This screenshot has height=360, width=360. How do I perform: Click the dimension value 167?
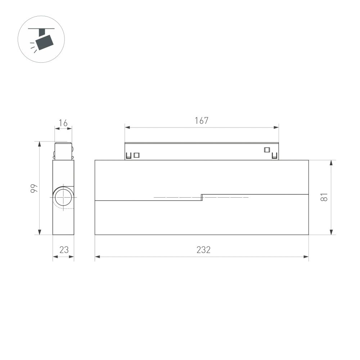point(202,121)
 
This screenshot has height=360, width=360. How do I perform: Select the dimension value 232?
point(203,250)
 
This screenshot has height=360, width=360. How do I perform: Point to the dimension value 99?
point(33,188)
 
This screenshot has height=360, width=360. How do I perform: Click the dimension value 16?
point(63,123)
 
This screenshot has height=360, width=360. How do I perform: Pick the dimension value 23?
point(64,250)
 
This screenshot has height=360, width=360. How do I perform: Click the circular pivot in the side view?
point(63,198)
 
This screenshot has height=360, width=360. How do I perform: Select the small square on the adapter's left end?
point(136,156)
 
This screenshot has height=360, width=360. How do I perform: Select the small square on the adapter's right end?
point(267,150)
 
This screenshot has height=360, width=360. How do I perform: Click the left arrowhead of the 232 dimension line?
point(97,257)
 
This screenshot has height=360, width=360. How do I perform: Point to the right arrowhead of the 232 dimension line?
point(307,257)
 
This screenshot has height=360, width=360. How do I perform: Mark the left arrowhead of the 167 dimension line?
point(127,127)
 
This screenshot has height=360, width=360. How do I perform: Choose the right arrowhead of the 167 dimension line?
point(277,127)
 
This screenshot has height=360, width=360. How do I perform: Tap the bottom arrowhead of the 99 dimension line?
point(39,233)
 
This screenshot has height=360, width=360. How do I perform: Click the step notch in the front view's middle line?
point(202,197)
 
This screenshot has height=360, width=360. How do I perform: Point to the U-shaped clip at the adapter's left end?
point(128,156)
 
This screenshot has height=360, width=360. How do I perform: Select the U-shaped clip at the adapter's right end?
point(275,156)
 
